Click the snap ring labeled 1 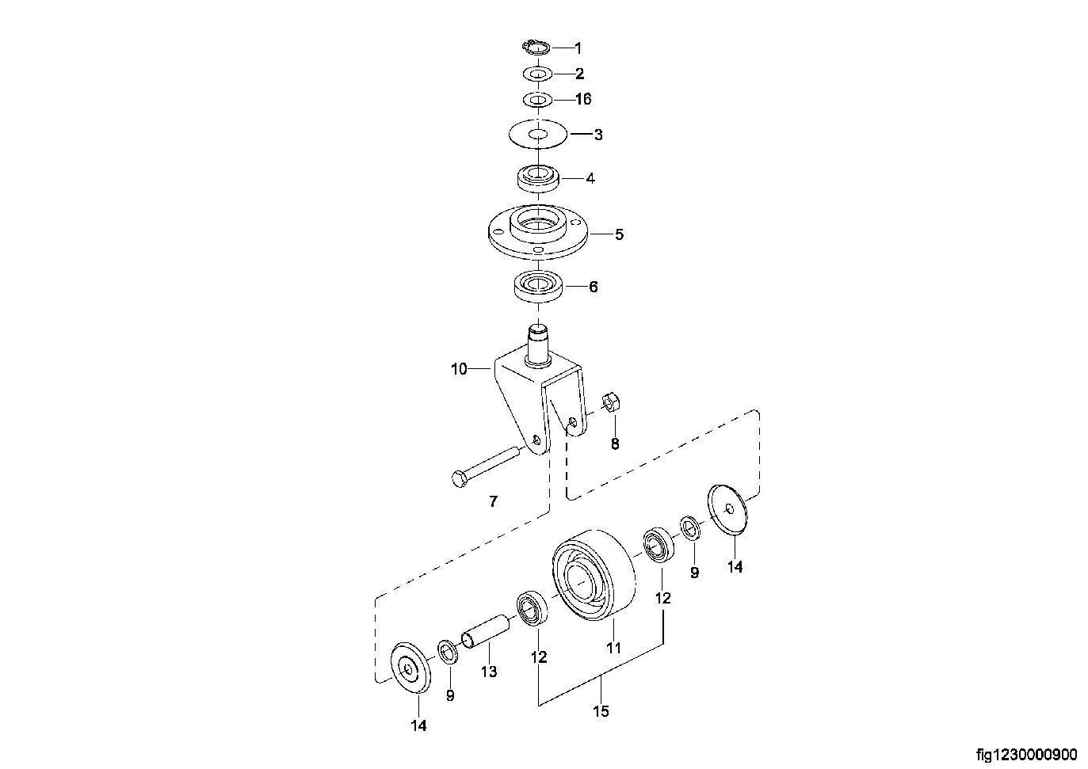pyautogui.click(x=536, y=48)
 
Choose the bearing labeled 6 pyautogui.click(x=538, y=287)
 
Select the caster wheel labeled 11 pyautogui.click(x=594, y=574)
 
